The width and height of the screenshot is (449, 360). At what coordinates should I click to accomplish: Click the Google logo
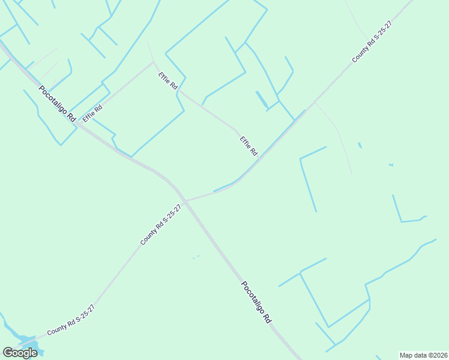click(x=20, y=353)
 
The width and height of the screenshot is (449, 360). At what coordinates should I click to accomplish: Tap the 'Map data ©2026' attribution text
click(x=423, y=355)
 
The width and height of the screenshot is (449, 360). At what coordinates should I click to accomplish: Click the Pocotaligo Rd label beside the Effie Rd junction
click(x=56, y=104)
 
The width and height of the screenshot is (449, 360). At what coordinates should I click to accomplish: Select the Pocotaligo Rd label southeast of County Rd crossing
click(x=257, y=303)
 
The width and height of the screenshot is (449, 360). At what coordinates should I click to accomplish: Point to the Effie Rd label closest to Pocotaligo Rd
click(x=92, y=112)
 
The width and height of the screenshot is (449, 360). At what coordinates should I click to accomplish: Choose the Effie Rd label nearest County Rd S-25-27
click(x=249, y=146)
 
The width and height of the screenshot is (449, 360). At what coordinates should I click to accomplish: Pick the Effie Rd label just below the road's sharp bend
click(x=168, y=81)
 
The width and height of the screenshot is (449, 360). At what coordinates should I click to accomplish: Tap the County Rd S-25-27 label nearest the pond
click(x=71, y=320)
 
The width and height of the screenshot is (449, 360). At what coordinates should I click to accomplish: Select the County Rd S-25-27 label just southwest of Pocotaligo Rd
click(x=160, y=224)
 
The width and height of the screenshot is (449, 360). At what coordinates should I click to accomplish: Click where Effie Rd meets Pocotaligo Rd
click(x=77, y=124)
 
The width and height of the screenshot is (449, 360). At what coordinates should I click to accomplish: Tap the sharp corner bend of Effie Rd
click(x=154, y=62)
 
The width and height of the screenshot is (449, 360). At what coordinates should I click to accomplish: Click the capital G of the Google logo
click(x=8, y=353)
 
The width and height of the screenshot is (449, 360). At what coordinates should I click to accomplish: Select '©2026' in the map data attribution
click(x=436, y=355)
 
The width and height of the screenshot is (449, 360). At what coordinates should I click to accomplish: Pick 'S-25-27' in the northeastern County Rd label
click(x=382, y=33)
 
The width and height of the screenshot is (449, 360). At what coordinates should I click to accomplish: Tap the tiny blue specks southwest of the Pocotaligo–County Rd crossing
click(x=196, y=257)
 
